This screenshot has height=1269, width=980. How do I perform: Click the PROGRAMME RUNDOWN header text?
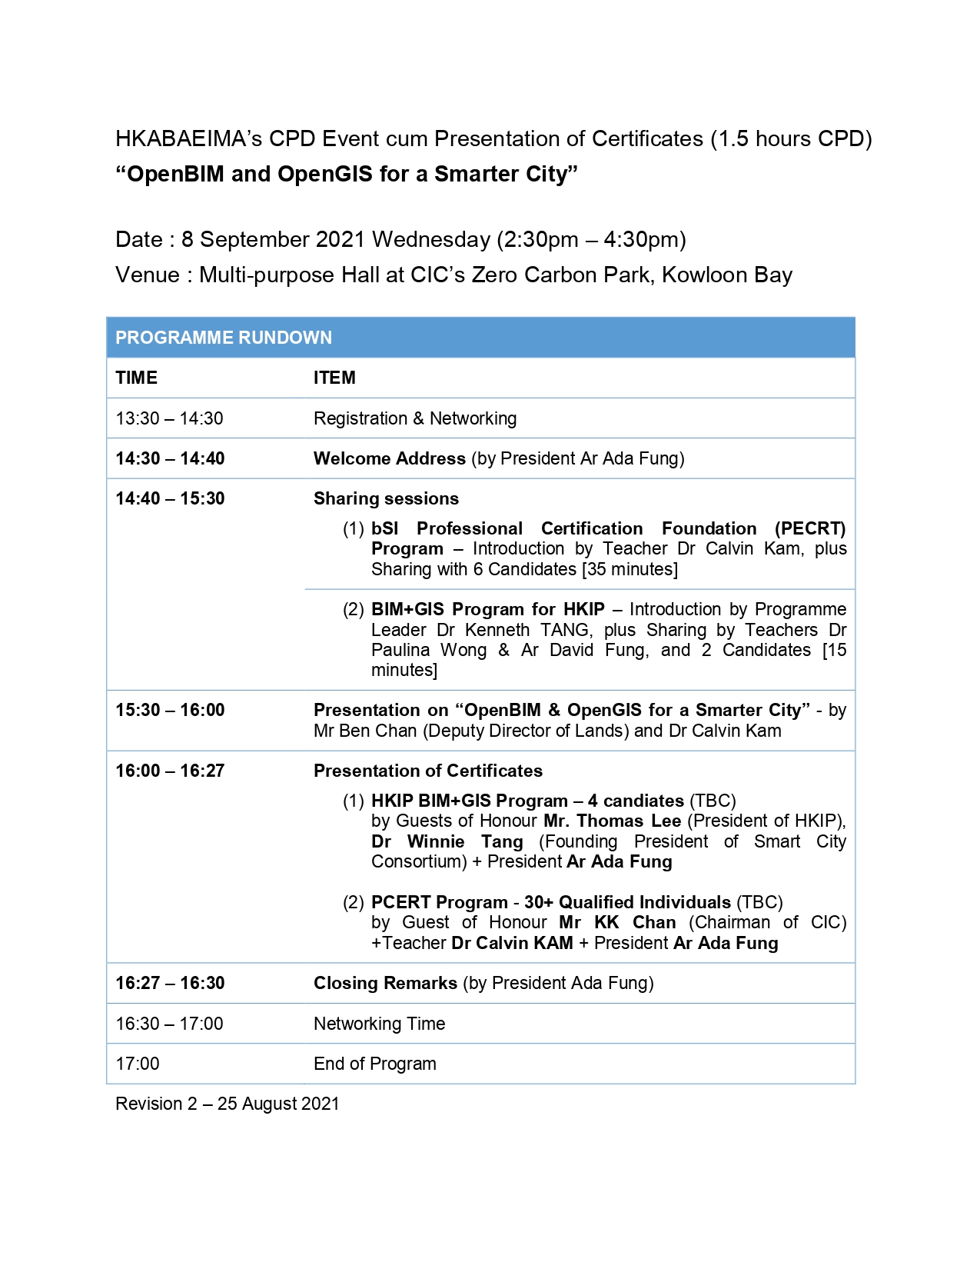[x=223, y=338]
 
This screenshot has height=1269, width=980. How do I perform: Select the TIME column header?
[x=136, y=378]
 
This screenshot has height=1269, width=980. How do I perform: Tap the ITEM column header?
[x=334, y=378]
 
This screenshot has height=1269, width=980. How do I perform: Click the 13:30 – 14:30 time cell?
[x=169, y=418]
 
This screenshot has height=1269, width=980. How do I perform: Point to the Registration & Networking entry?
[x=415, y=418]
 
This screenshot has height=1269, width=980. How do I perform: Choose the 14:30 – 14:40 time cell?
[x=170, y=458]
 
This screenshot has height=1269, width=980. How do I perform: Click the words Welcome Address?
[x=390, y=458]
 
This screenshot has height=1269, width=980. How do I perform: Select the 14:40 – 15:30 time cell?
[x=170, y=498]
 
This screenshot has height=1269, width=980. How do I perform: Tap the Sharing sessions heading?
[x=386, y=498]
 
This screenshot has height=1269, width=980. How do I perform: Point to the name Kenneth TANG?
[x=529, y=630]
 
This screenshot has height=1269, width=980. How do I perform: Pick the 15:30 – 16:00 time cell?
[x=170, y=710]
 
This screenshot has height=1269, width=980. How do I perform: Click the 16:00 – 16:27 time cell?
[x=170, y=771]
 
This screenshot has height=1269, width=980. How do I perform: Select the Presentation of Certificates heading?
[x=428, y=771]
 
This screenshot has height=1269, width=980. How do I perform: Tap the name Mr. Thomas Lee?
[x=612, y=821]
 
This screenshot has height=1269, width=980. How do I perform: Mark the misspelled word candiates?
[x=643, y=801]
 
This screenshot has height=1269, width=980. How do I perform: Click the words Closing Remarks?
[x=385, y=983]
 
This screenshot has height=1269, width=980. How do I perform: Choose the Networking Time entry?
[x=380, y=1024]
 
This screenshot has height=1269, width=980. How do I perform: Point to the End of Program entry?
[x=375, y=1064]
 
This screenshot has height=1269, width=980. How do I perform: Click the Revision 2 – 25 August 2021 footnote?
[x=228, y=1104]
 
